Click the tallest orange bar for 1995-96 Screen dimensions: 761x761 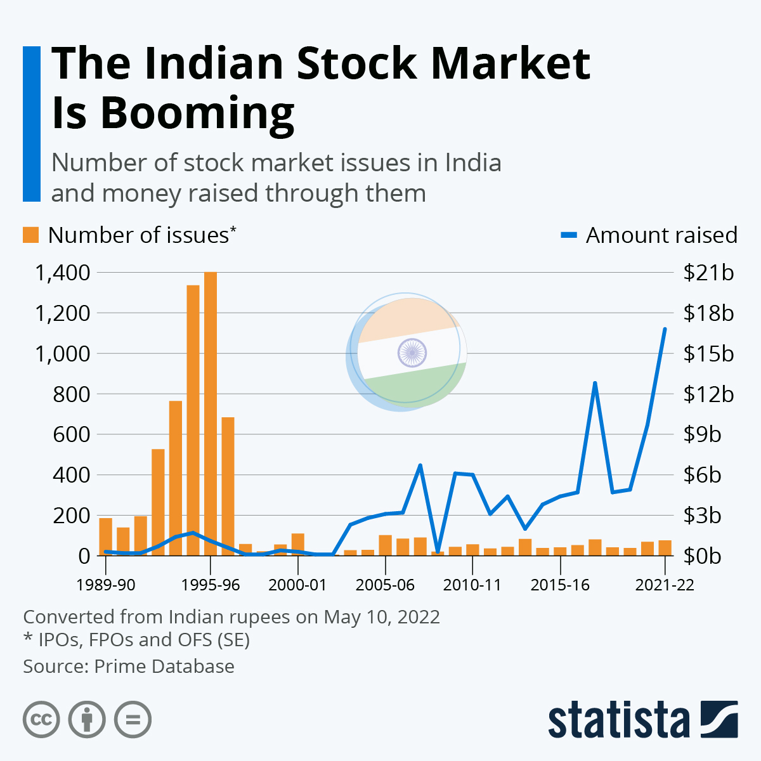point(211,412)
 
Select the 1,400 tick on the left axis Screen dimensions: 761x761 point(62,273)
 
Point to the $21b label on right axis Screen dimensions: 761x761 point(708,273)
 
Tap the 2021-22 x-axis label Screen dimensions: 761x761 point(665,585)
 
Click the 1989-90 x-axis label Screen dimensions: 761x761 point(106,585)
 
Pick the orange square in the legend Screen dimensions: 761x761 point(30,235)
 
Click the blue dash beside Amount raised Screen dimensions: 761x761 point(569,235)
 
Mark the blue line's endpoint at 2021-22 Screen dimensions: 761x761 point(665,329)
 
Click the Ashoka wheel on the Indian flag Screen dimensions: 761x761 point(412,353)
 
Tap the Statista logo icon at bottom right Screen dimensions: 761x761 point(719,719)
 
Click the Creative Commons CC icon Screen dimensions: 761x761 point(41,720)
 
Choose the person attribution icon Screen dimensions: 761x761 point(87,720)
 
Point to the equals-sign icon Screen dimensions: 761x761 point(133,720)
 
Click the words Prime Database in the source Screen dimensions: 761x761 point(164,667)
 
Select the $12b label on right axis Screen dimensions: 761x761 point(708,394)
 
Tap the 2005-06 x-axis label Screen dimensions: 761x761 point(385,585)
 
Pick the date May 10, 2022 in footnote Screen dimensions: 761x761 point(382,617)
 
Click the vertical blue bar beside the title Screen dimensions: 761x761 point(32,124)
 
